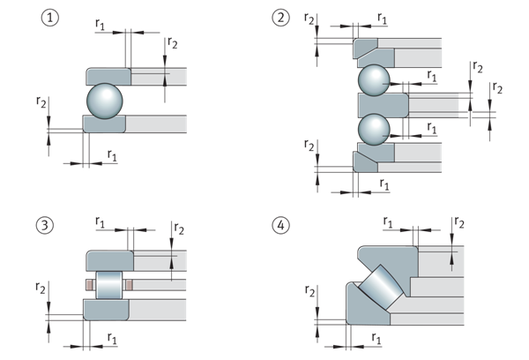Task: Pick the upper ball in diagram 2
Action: point(374,81)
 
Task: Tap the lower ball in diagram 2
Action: point(374,130)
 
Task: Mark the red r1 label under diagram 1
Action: point(111,154)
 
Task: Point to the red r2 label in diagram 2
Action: point(308,19)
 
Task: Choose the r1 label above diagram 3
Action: point(99,222)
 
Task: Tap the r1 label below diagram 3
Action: point(112,338)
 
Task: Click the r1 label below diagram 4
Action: point(376,338)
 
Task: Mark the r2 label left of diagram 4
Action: point(310,291)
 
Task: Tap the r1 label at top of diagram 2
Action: point(382,17)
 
